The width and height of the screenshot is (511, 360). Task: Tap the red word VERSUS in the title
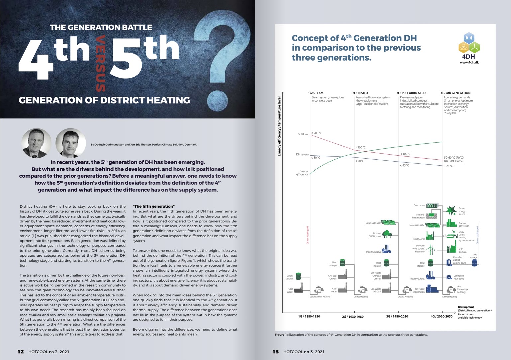(x=100, y=64)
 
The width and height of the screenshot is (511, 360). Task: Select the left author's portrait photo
(x=37, y=143)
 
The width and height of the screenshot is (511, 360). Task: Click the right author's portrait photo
(x=70, y=143)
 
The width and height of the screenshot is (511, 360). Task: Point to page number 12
(x=21, y=351)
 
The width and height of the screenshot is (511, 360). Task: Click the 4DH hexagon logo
(x=469, y=43)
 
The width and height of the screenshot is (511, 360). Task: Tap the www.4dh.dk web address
(x=469, y=62)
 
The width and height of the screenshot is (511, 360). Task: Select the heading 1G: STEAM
(x=316, y=93)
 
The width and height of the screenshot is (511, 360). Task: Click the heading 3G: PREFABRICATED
(x=411, y=93)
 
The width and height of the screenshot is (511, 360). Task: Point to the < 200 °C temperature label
(x=316, y=133)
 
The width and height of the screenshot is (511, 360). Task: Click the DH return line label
(x=302, y=154)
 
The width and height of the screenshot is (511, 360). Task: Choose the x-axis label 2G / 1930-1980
(x=353, y=317)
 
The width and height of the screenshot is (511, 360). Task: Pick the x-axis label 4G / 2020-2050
(x=441, y=316)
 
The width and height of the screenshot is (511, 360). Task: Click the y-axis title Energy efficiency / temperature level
(x=279, y=126)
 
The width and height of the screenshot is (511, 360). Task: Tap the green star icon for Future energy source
(x=451, y=210)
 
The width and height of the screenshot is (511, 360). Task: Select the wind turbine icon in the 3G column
(x=431, y=248)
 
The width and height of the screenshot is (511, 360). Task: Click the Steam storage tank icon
(x=298, y=276)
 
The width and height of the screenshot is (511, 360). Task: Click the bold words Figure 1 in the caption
(x=281, y=335)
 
